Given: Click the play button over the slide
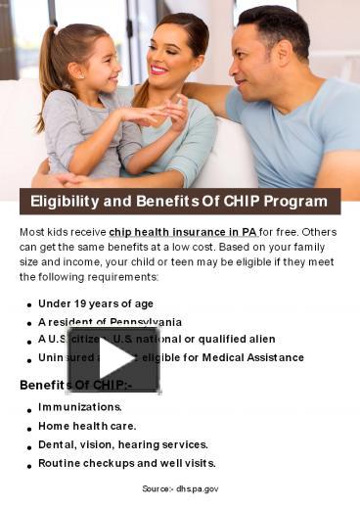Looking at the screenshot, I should pos(112,359).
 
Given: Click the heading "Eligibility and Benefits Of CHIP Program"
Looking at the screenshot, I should pos(179,202).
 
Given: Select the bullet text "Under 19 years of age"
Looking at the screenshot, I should pos(96,303).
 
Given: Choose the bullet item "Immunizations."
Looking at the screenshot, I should pos(80,406).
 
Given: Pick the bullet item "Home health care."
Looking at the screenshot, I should pos(87,426).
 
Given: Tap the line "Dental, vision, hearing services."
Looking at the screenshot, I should pos(123,444).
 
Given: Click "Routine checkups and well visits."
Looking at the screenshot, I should pos(127,463).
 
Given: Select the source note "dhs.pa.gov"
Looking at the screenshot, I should pos(197,487).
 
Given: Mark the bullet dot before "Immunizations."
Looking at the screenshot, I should pos(29,408).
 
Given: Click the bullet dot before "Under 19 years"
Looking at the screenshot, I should pos(29,305).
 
